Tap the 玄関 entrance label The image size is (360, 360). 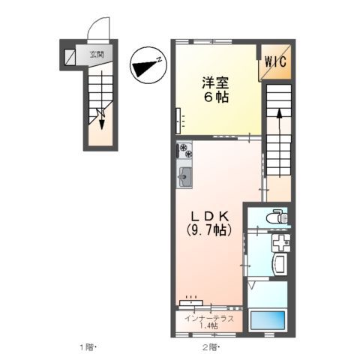tap(97, 54)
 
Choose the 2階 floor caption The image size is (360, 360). tap(209, 346)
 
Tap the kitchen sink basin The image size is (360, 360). tap(185, 178)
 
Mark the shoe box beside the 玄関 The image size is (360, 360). tap(70, 57)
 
